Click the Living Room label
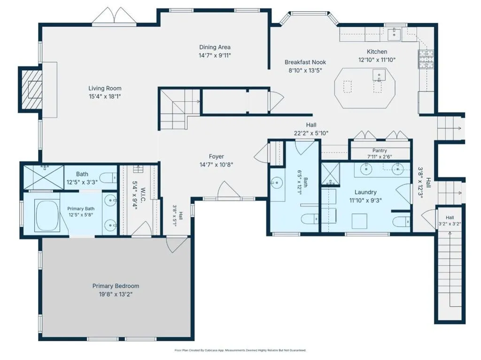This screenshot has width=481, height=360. tap(105, 88)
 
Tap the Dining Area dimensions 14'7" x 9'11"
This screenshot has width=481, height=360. tap(215, 55)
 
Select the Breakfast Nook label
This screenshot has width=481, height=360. tap(305, 62)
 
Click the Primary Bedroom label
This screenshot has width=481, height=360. tap(116, 286)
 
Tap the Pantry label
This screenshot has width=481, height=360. tap(380, 151)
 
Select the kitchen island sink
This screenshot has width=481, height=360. tap(379, 75)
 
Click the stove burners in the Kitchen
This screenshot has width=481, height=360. tap(426, 59)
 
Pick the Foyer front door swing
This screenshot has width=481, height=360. tap(229, 189)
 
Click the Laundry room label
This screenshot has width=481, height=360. tap(365, 192)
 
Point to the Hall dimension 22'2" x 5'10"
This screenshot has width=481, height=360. tap(311, 133)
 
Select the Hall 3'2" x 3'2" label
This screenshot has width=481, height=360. tap(450, 221)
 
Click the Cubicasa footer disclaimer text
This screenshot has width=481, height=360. tap(240, 350)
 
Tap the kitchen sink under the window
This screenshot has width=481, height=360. tap(394, 34)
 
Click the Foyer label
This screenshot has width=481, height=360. tap(216, 156)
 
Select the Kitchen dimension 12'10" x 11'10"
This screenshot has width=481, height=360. tap(377, 60)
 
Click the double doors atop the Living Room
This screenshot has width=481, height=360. tap(114, 15)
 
